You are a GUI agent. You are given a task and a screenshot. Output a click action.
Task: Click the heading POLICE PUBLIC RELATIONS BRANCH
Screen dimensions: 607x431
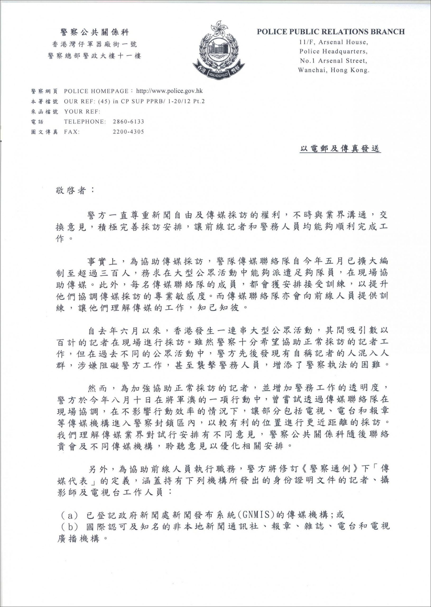[331, 32]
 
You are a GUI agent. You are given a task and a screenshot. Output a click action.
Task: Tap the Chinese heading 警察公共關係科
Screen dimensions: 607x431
[95, 33]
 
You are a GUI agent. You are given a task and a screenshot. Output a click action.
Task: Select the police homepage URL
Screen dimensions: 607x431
[169, 91]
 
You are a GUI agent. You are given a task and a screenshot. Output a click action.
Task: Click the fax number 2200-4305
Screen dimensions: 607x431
[129, 132]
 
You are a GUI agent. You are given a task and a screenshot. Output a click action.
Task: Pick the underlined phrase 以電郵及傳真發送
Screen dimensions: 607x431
[340, 149]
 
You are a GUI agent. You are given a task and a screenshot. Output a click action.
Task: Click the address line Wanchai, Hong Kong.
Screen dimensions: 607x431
[334, 70]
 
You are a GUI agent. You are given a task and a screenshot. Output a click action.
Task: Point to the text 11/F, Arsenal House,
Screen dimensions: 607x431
[334, 42]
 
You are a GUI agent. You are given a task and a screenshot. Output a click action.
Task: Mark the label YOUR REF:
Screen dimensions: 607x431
[82, 112]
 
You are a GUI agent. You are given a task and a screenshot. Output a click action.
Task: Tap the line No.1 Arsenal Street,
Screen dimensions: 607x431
[334, 61]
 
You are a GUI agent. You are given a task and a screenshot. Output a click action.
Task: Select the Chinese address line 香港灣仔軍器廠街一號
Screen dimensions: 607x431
[95, 44]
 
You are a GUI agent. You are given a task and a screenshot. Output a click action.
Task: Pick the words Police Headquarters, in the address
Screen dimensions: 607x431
[334, 51]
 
